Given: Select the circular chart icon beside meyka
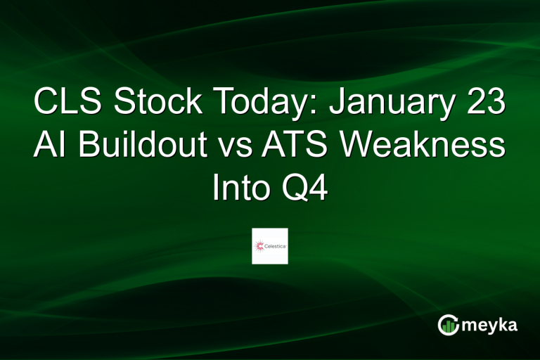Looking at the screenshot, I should pos(447,324).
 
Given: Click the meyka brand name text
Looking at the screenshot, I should pos(491,324).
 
